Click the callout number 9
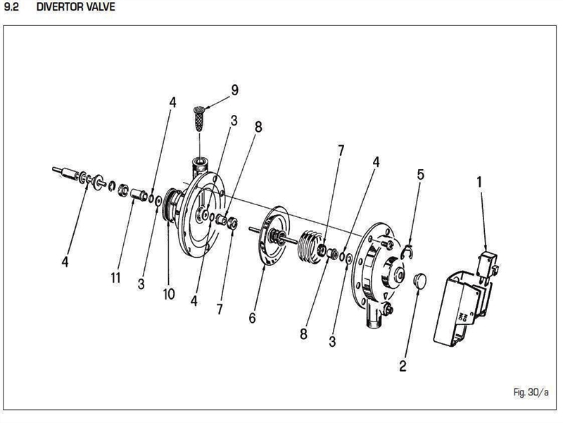point(235,91)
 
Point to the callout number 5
point(420,174)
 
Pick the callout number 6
point(252,317)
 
